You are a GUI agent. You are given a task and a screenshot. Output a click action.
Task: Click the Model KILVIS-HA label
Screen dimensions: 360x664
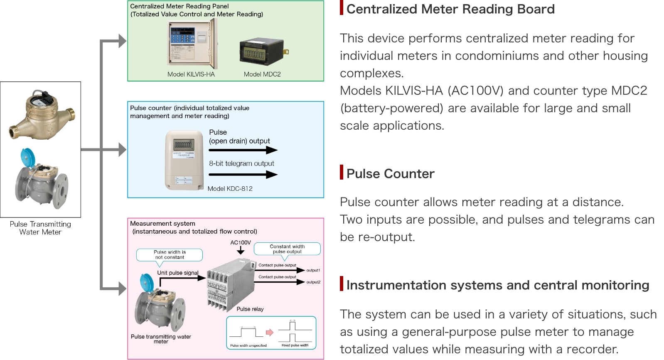coord(191,74)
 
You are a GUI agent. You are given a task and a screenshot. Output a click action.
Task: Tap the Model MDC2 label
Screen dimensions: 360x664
coord(262,74)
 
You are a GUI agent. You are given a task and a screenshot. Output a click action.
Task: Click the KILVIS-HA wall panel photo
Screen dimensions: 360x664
coord(192,44)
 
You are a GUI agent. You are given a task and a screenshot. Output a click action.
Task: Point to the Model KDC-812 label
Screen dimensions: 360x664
coord(230,189)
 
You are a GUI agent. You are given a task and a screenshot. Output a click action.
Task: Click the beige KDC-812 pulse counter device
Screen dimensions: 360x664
coord(184,160)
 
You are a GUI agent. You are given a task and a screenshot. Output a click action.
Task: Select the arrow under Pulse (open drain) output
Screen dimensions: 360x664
coord(243,150)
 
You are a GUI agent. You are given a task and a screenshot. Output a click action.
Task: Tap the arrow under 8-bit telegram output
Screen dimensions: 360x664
coord(243,175)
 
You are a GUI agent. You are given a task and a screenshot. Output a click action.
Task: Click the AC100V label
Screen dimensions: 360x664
coord(241,242)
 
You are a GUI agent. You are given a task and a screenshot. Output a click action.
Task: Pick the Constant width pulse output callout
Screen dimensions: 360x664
coord(287,249)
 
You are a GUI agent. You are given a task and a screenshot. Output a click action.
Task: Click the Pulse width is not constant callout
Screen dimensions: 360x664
coord(170,255)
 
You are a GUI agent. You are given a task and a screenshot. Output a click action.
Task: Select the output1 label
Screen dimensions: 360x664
coord(313,270)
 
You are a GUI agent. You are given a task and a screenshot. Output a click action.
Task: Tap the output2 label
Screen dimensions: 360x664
coord(313,282)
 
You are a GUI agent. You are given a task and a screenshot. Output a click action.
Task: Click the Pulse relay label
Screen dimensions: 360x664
coord(250,309)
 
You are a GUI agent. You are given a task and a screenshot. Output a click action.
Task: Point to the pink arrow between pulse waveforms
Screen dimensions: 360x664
coord(270,332)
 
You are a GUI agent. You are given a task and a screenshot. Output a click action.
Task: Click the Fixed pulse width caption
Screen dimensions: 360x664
coord(295,345)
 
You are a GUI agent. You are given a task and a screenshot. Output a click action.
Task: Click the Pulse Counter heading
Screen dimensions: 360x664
coord(390,174)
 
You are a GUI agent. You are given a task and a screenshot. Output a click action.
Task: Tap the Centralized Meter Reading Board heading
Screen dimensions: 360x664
coord(450,9)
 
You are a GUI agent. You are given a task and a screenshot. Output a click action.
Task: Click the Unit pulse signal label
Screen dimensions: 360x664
coord(177,273)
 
